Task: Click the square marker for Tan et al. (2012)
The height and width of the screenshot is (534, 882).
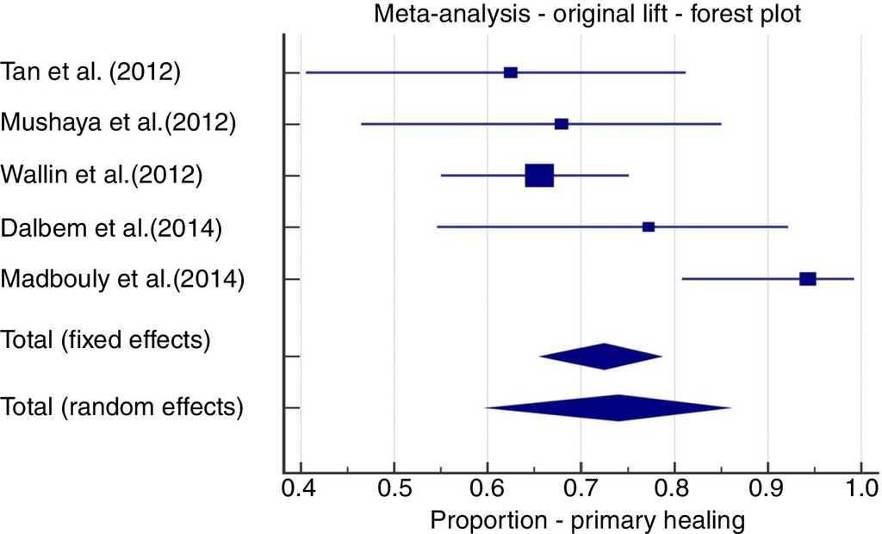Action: click(511, 72)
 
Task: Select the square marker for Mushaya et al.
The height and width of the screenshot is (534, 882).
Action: click(562, 124)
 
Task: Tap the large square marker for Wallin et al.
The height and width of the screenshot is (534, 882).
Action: click(539, 175)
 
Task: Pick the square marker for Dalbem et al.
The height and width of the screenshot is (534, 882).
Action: click(649, 227)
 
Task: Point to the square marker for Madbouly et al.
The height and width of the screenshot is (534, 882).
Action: click(807, 278)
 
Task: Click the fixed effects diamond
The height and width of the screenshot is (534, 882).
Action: click(602, 356)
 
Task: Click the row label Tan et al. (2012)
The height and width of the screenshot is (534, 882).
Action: click(91, 72)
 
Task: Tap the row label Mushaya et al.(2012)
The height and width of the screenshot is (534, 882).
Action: click(119, 124)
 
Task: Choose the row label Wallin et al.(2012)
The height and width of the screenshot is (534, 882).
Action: click(102, 176)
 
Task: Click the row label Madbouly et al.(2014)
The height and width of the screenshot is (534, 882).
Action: click(123, 279)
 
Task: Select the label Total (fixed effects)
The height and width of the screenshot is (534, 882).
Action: click(106, 339)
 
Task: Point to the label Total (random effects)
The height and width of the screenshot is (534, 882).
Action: click(121, 406)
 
